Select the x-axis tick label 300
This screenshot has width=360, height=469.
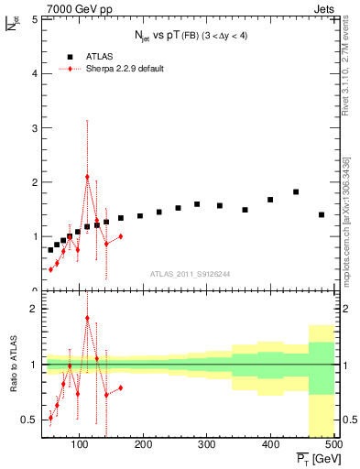click(206, 445)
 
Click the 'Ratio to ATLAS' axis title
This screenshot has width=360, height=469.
click(13, 364)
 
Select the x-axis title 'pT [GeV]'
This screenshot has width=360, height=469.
click(316, 459)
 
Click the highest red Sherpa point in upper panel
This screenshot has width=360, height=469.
click(87, 177)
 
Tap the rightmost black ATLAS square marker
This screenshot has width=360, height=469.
click(321, 214)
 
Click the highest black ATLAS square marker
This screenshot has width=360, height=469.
click(295, 191)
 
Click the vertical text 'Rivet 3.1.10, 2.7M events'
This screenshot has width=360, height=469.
click(346, 82)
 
